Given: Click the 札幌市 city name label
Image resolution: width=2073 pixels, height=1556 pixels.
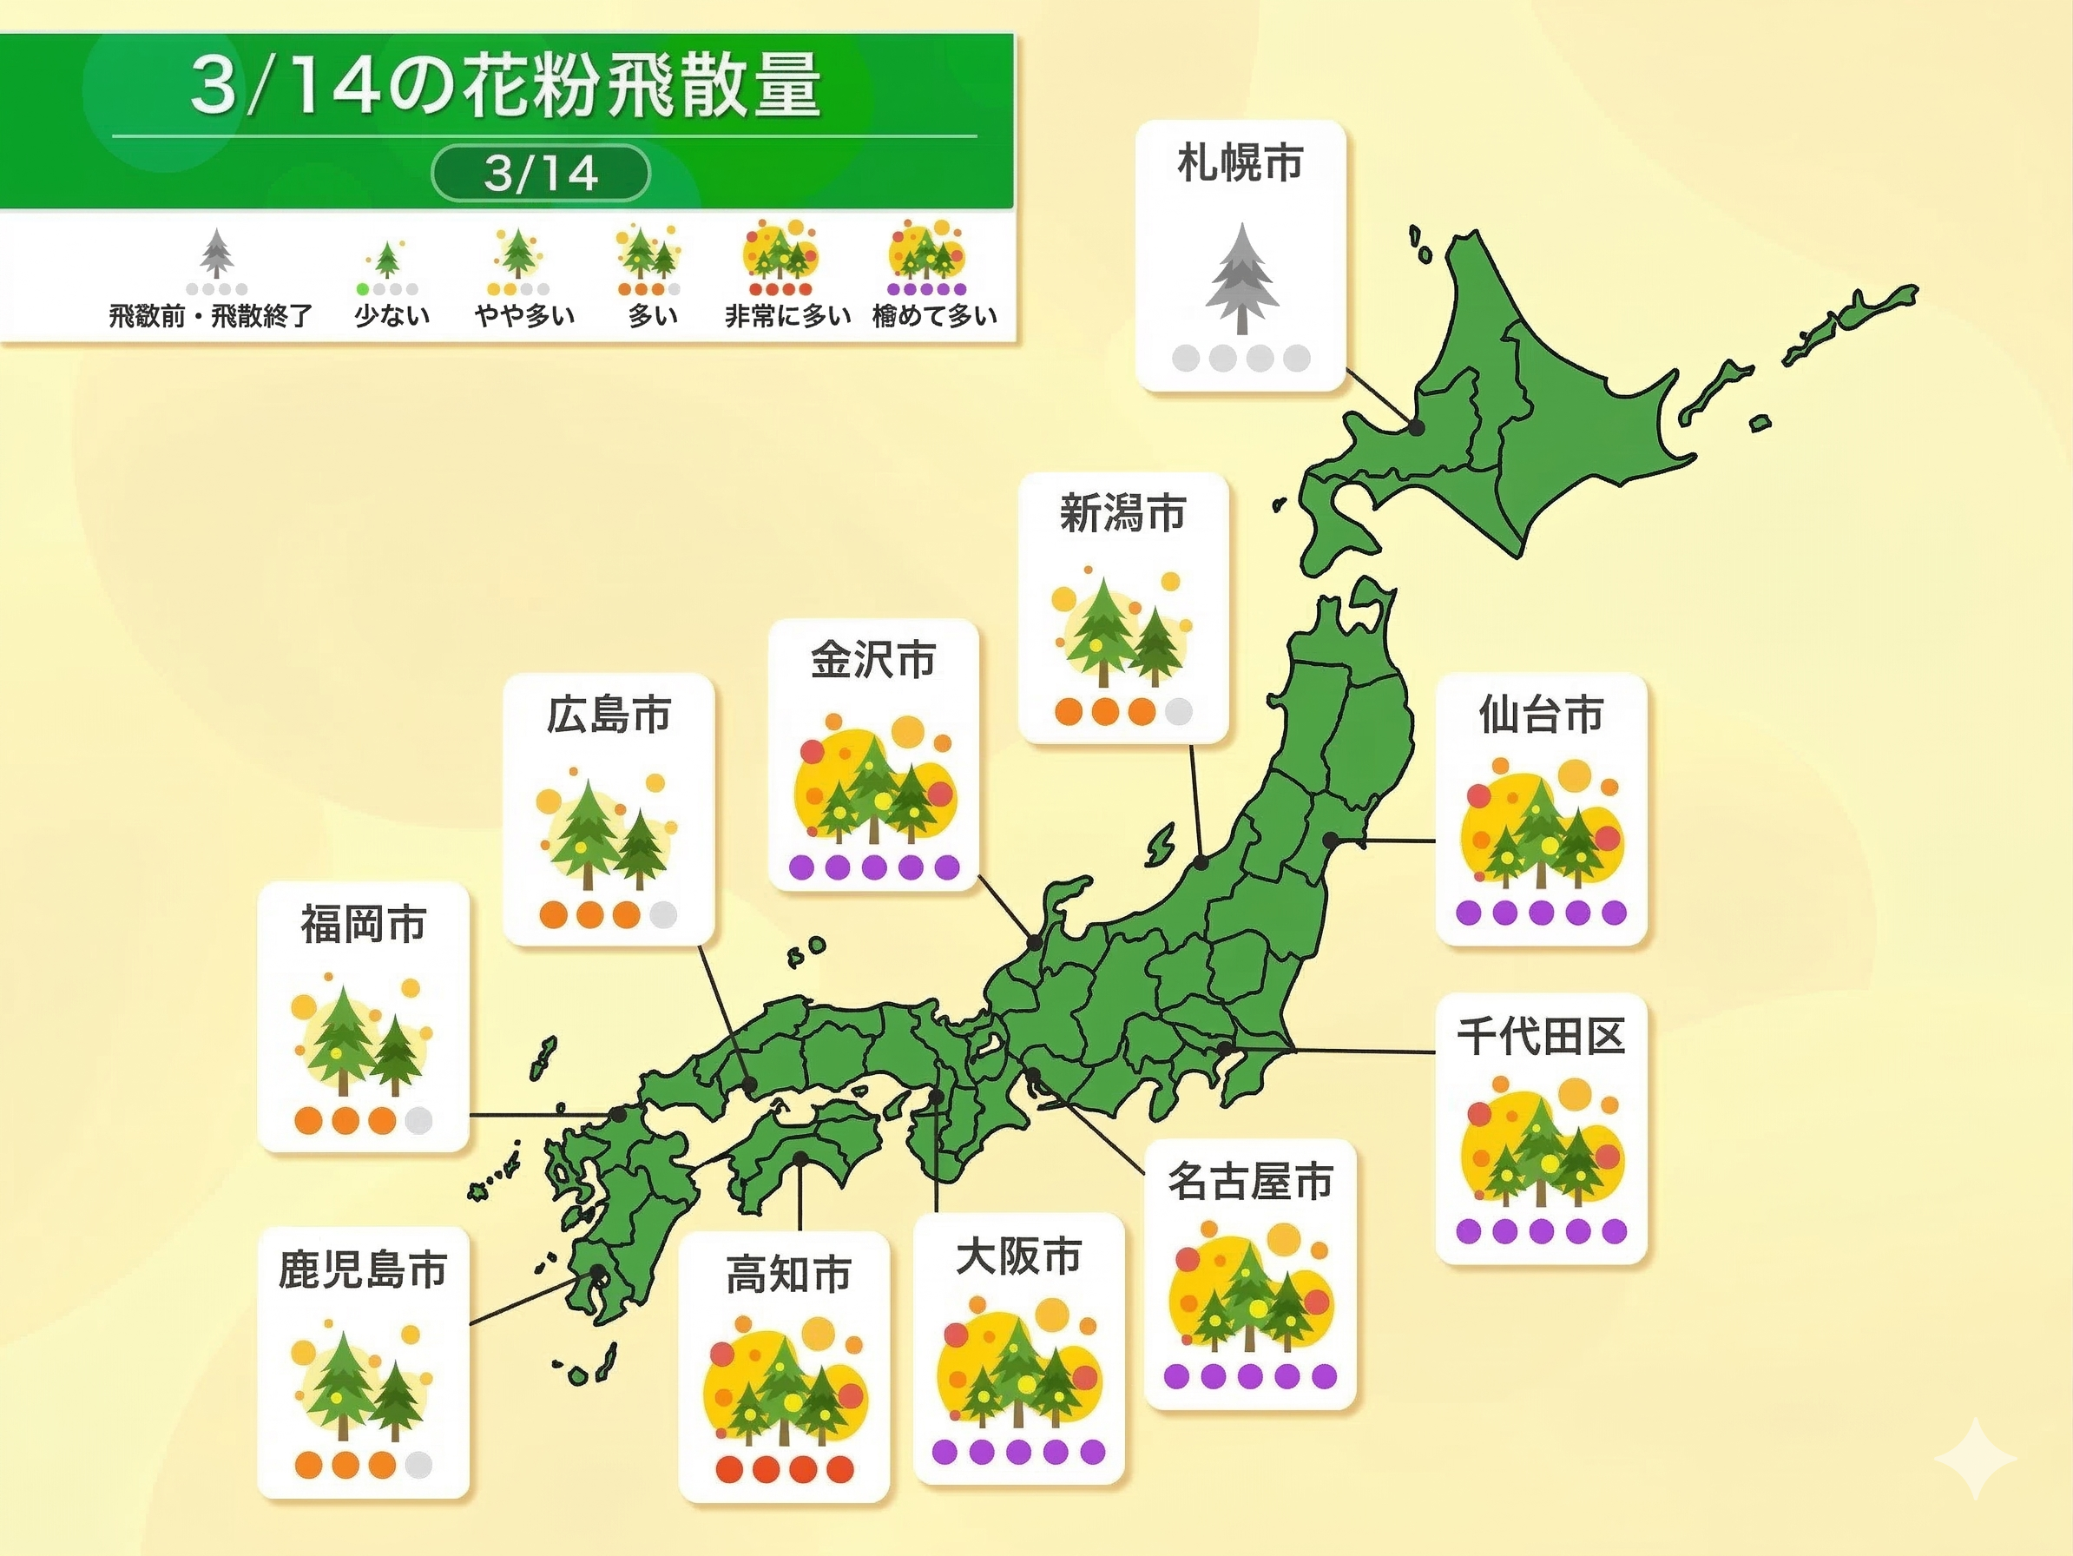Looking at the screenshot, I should (1240, 163).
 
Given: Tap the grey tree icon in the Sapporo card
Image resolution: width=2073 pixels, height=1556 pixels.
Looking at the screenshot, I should (1241, 279).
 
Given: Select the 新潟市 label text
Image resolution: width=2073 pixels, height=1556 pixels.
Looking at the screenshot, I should (1122, 514).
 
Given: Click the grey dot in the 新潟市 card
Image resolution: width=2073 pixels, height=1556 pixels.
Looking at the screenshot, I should (1178, 711).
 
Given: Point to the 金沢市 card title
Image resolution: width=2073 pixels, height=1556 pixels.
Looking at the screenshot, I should (872, 660).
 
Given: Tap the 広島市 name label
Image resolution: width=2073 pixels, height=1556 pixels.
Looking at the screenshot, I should (609, 715).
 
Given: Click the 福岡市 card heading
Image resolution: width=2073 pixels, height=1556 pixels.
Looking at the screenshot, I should (364, 924).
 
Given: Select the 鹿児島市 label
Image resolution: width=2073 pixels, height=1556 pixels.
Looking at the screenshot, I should (363, 1270).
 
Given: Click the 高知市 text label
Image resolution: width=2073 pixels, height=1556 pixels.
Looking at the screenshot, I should (788, 1275).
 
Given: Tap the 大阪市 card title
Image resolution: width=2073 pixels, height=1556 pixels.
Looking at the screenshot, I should (1018, 1256).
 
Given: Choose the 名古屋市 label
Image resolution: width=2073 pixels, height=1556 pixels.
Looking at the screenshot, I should (1250, 1181).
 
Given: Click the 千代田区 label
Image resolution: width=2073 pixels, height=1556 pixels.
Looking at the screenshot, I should (1540, 1037).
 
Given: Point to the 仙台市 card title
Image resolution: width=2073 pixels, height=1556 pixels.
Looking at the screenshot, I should (1541, 715).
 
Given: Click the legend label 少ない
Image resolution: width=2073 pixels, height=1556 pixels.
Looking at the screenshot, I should (392, 316).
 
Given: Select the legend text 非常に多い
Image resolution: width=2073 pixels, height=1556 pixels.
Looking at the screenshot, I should (787, 316).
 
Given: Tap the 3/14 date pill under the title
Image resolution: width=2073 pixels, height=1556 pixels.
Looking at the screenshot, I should (541, 174).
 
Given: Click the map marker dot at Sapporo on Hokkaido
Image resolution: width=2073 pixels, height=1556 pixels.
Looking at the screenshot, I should (1417, 427).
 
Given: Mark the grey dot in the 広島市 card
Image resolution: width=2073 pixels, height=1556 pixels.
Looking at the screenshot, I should (662, 915).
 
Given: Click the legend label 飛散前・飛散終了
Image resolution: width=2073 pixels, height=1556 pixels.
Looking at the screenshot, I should (211, 316).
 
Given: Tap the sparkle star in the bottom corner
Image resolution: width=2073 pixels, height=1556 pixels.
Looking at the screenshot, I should (1975, 1459).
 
